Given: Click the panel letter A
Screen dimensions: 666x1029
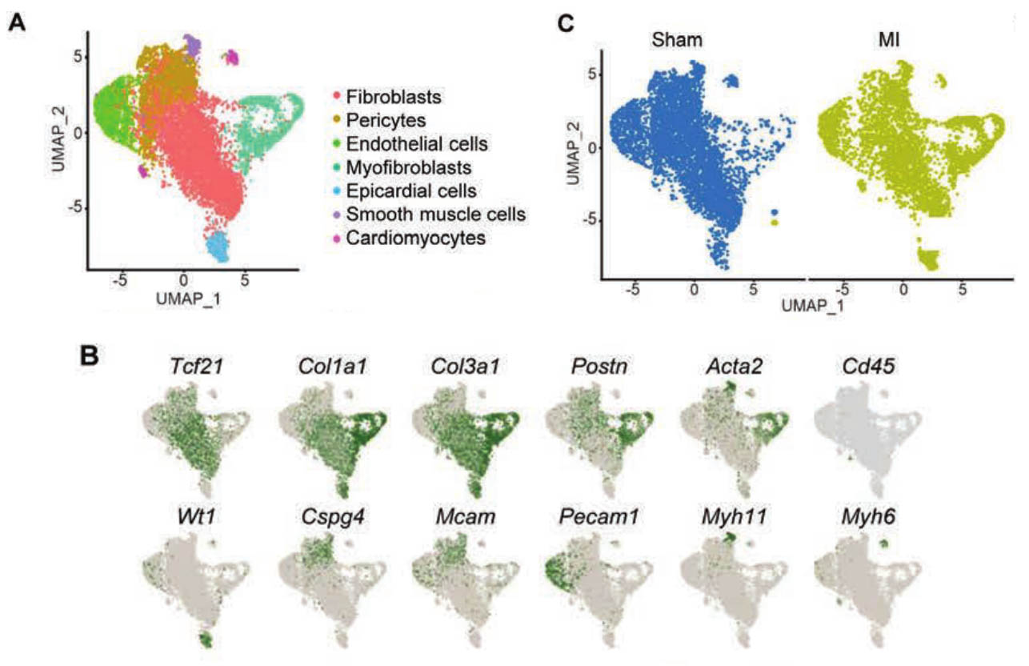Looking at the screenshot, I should click(15, 23).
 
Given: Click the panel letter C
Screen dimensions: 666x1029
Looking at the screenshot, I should click(566, 23).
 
